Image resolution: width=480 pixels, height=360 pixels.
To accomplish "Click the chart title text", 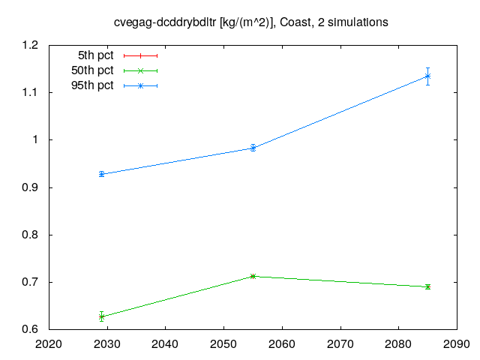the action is coord(250,22).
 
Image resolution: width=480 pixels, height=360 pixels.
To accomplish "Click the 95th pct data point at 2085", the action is coord(427,76).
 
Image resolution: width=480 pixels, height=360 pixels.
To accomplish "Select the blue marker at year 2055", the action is coord(253,148).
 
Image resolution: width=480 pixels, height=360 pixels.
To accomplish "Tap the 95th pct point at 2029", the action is coord(102,174).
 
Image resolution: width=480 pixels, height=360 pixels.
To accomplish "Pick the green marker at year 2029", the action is coord(102,316).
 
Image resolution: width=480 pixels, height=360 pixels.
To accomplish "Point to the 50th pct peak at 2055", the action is coord(253,277).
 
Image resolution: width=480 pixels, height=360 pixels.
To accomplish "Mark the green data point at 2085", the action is coord(427,286).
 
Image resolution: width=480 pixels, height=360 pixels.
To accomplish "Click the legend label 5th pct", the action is coord(95,55).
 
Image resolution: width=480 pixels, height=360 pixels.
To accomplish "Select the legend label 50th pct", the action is coord(92,70).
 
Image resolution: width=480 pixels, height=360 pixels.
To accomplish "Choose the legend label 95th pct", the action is coord(92,85).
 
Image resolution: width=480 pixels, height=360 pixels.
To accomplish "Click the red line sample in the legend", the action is coord(140,55).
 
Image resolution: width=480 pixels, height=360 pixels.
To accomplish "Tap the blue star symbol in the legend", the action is coord(140,86).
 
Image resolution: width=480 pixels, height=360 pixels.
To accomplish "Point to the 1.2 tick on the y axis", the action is coord(30,45).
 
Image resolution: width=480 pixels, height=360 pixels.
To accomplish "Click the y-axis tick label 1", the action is coord(35,139).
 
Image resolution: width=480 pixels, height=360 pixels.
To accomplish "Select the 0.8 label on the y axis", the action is coord(30,235).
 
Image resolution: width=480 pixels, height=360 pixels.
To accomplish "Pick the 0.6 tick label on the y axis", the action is coord(30,329).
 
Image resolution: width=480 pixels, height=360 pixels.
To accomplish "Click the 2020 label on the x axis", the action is coord(49,344).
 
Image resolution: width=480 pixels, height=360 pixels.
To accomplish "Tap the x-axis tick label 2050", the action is coord(223,344).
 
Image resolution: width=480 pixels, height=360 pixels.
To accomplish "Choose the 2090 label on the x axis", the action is coord(457,344).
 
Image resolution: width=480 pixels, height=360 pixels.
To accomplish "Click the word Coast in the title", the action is coord(297,22).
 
